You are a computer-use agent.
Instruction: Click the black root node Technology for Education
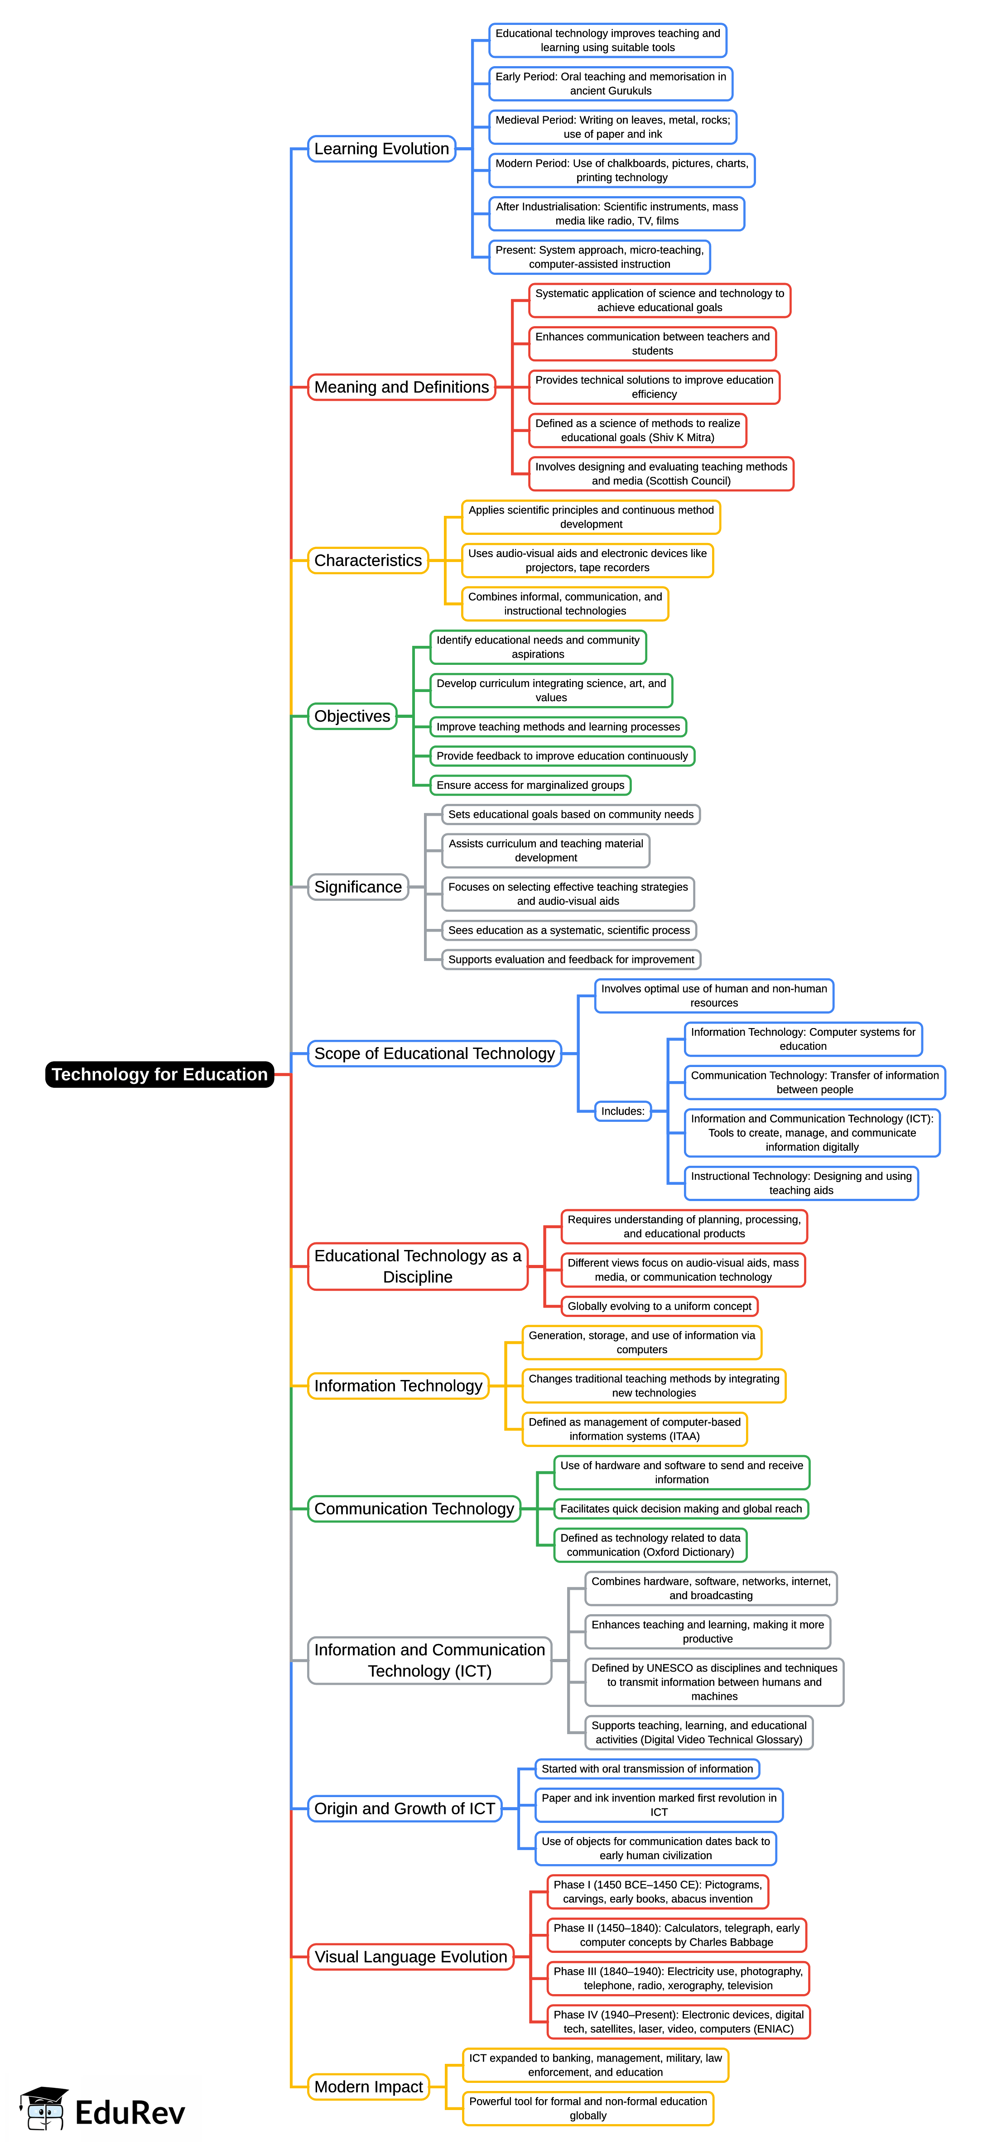pyautogui.click(x=159, y=1074)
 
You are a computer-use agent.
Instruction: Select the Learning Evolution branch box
pyautogui.click(x=381, y=149)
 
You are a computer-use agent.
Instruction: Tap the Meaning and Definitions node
pyautogui.click(x=401, y=387)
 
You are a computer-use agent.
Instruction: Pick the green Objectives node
pyautogui.click(x=352, y=716)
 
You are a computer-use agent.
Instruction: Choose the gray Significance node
pyautogui.click(x=358, y=887)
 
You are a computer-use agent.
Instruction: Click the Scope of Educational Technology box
pyautogui.click(x=434, y=1053)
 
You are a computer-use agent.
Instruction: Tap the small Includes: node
pyautogui.click(x=622, y=1111)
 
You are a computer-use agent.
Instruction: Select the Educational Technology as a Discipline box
pyautogui.click(x=417, y=1266)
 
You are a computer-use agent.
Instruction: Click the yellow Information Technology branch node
pyautogui.click(x=398, y=1386)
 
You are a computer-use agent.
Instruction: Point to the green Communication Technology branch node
pyautogui.click(x=414, y=1508)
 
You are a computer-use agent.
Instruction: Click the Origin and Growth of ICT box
pyautogui.click(x=405, y=1808)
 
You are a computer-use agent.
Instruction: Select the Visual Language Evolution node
pyautogui.click(x=410, y=1956)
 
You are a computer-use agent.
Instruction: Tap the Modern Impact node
pyautogui.click(x=368, y=2087)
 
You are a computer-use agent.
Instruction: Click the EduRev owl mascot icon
pyautogui.click(x=44, y=2108)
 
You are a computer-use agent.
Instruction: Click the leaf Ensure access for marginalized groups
pyautogui.click(x=530, y=785)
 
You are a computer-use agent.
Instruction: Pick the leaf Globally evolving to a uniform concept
pyautogui.click(x=659, y=1307)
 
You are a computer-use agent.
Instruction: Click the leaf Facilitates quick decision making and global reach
pyautogui.click(x=681, y=1508)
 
